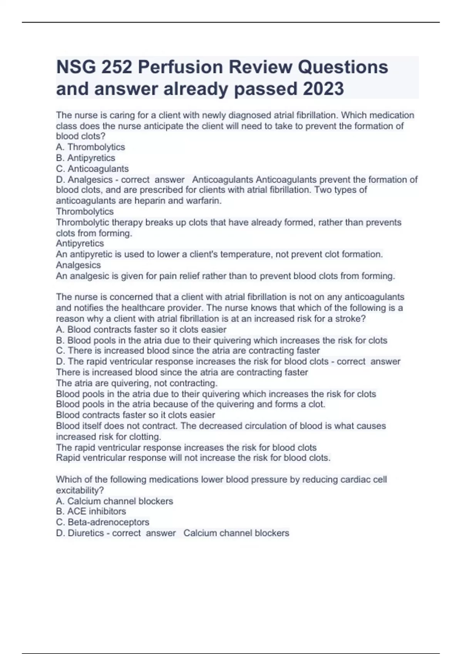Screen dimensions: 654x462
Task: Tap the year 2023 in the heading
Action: tap(323, 89)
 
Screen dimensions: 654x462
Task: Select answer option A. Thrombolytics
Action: tap(90, 147)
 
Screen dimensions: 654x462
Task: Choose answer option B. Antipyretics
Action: tap(85, 158)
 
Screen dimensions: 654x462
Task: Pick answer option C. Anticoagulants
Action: tap(92, 169)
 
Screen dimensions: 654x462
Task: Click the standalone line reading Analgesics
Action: tap(78, 265)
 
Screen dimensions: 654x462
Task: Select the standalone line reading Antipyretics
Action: tap(80, 244)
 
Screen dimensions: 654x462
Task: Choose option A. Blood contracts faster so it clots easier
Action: tap(141, 329)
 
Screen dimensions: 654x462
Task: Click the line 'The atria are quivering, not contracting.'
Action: tap(137, 383)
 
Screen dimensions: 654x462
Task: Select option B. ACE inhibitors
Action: tap(91, 511)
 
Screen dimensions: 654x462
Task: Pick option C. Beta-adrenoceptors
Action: tap(102, 522)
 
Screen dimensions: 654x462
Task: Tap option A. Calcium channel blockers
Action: tap(114, 501)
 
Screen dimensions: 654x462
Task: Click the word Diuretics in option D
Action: tap(86, 533)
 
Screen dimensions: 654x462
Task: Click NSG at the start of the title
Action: tap(76, 67)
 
